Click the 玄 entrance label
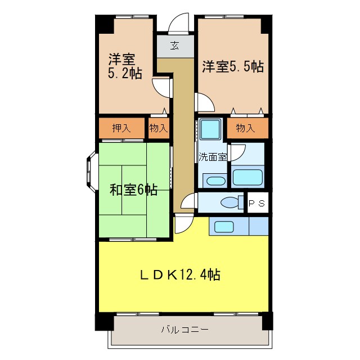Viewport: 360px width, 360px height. coord(174,46)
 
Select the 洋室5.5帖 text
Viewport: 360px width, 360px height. coord(232,67)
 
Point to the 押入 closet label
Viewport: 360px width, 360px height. coord(121,128)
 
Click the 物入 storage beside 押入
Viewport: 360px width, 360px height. coord(159,128)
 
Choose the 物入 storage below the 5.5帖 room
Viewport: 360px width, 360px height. coord(245,128)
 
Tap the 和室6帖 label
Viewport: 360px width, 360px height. coord(133,190)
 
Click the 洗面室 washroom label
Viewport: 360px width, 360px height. coord(212,157)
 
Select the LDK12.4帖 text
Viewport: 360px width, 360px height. coord(179,275)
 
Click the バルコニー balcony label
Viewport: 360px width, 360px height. coord(184,329)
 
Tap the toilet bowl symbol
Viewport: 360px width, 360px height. coord(231,202)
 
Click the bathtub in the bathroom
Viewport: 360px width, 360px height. coord(247,177)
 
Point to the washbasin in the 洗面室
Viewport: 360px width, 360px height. coord(214,181)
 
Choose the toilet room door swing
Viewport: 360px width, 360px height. coord(190,202)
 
